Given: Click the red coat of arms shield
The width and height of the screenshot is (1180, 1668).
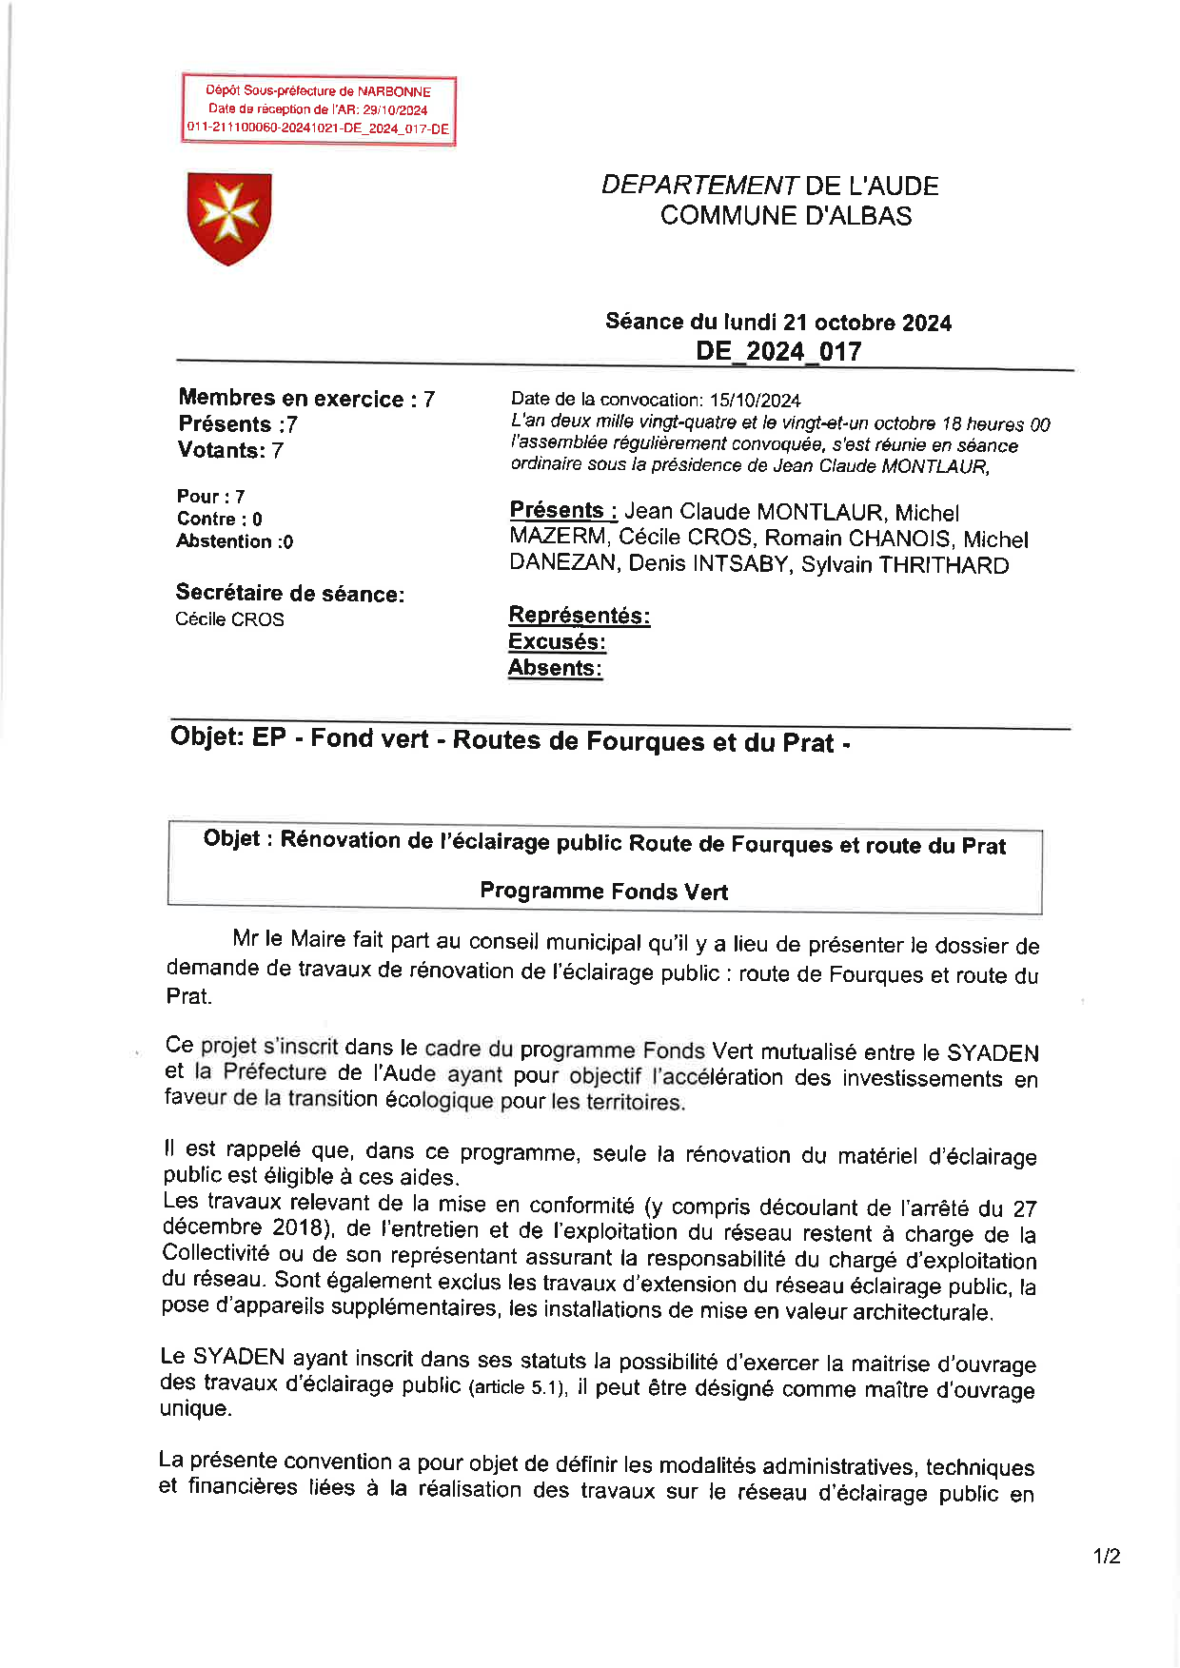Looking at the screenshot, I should [229, 218].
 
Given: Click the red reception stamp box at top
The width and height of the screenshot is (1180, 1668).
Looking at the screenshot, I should [319, 110].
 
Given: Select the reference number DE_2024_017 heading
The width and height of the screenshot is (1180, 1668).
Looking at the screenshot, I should [778, 351].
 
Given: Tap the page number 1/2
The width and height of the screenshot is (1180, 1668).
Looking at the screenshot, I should [1107, 1557].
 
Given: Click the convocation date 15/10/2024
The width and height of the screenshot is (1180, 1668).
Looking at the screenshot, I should [755, 401].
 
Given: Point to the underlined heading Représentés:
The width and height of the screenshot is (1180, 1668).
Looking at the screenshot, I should [580, 616].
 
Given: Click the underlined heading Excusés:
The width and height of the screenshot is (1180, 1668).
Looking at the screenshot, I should [557, 642].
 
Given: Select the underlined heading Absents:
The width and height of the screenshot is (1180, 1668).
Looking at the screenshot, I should [555, 668].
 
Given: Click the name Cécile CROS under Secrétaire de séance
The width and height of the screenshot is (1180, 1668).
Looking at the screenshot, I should [229, 619].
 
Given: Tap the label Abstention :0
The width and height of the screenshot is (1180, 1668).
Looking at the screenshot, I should [235, 541].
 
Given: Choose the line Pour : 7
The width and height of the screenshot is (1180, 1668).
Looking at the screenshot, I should [211, 496].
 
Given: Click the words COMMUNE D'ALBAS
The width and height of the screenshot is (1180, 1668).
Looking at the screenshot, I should [786, 216].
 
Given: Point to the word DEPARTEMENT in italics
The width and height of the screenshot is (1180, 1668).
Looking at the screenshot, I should [699, 186].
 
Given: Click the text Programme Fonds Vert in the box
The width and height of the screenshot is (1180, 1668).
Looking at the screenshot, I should [603, 892].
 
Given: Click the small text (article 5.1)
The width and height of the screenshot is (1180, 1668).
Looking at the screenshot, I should [518, 1387].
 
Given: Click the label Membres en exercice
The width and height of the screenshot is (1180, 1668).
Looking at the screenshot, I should [291, 399].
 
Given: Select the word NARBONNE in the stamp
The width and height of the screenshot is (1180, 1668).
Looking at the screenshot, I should [394, 92].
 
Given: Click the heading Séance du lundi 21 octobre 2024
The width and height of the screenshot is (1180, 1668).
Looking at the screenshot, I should [778, 323].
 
